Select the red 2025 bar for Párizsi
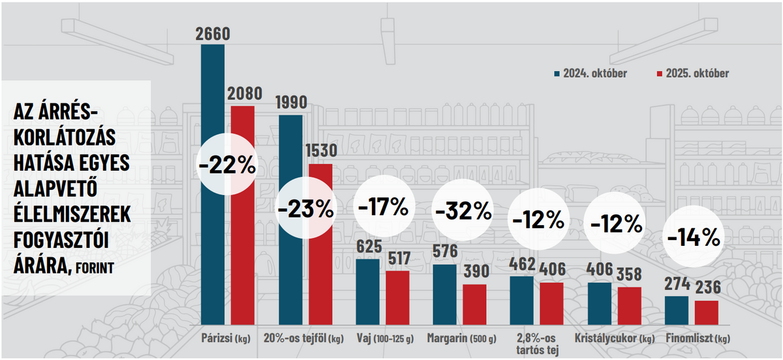pos(243,261)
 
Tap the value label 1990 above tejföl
pos(290,103)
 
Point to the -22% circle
pos(227,165)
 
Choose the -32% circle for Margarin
pos(462,210)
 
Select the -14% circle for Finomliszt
pos(692,237)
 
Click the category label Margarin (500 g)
pos(461,339)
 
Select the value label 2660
pos(213,34)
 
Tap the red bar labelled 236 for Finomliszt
pos(706,313)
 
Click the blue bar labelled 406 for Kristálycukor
pos(600,304)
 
